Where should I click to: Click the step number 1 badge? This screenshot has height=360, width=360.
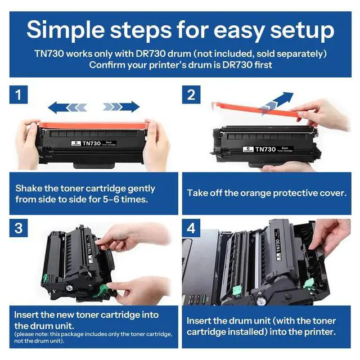point(19,94)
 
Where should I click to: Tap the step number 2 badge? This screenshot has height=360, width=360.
point(191,94)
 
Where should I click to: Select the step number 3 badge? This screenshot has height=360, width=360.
point(19,228)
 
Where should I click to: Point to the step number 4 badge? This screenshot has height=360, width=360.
point(191,228)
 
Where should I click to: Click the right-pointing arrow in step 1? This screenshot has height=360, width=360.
point(121,107)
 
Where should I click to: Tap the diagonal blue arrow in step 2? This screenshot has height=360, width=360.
point(277,103)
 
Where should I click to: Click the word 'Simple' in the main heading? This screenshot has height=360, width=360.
point(66,30)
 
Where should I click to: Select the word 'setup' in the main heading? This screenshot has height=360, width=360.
point(302,30)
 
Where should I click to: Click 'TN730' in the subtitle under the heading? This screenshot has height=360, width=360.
point(49,54)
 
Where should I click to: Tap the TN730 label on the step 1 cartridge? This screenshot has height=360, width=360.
point(91,143)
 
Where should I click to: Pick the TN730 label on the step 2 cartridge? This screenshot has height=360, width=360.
point(265,150)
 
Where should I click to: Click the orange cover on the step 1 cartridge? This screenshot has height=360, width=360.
point(92,125)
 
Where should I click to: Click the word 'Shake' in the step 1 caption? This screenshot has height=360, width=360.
point(29,188)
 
